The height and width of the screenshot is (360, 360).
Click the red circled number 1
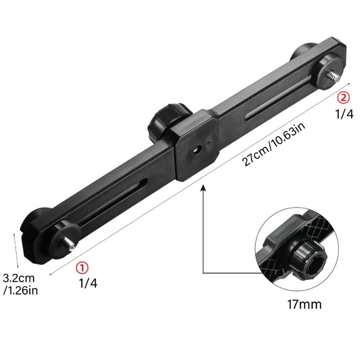[81, 268]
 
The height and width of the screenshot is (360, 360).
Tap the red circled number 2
[343, 97]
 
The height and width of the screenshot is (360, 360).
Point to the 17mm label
[305, 305]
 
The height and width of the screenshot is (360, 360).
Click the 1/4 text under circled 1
[88, 283]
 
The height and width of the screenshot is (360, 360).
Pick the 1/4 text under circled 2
[344, 114]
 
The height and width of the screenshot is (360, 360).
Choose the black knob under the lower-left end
[36, 225]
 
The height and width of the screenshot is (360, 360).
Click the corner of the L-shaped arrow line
[203, 273]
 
